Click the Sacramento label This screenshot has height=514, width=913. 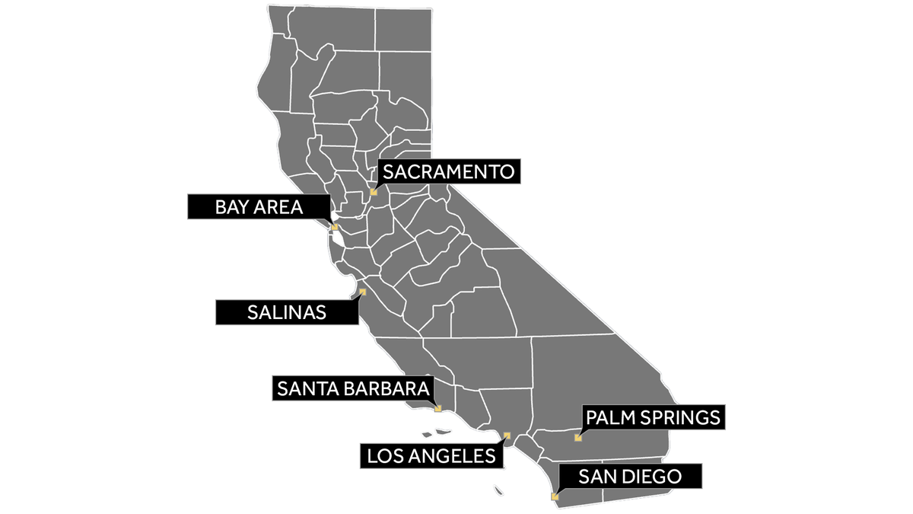(x=449, y=171)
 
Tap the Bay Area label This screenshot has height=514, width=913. (x=259, y=206)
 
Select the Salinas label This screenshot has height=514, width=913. (x=287, y=312)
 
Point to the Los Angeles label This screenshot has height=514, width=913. (x=431, y=456)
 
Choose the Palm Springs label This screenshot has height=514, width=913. (x=652, y=417)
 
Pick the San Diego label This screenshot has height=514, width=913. (x=629, y=477)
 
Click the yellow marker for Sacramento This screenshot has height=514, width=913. (x=374, y=192)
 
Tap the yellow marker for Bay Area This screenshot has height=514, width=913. (x=334, y=227)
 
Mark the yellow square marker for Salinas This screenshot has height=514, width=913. (x=362, y=292)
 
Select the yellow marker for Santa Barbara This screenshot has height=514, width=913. (x=437, y=409)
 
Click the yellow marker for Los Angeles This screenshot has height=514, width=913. (x=507, y=436)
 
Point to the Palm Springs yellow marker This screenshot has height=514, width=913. (x=578, y=438)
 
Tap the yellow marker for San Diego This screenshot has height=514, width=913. (x=555, y=496)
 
